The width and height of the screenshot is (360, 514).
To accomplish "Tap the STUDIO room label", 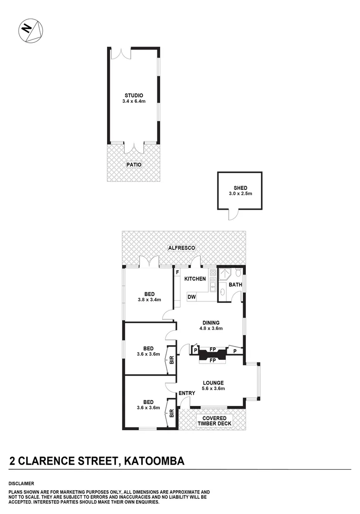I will point(134,95).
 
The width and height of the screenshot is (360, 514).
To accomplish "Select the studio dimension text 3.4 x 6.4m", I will point(134,101).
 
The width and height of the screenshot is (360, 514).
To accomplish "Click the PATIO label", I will point(134,165).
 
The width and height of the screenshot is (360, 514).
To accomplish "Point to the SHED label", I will point(240,188).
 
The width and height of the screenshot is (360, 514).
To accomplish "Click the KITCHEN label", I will point(195,279).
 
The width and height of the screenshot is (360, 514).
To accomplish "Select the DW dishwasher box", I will point(192,297).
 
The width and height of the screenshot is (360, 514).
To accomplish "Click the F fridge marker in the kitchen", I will point(177,272).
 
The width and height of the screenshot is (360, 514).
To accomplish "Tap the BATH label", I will point(235,285).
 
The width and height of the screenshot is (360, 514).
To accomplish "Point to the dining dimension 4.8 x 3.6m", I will point(210,328).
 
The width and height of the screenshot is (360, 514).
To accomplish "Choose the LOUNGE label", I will point(213,382).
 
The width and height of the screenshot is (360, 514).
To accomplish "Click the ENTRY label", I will point(187,393).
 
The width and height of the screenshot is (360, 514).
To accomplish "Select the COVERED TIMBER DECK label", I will point(214,421).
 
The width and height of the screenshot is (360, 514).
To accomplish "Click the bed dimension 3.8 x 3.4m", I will point(149,300).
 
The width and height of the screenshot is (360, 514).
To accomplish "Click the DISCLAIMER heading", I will point(21,483).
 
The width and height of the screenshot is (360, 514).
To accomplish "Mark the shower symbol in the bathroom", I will point(224,275).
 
